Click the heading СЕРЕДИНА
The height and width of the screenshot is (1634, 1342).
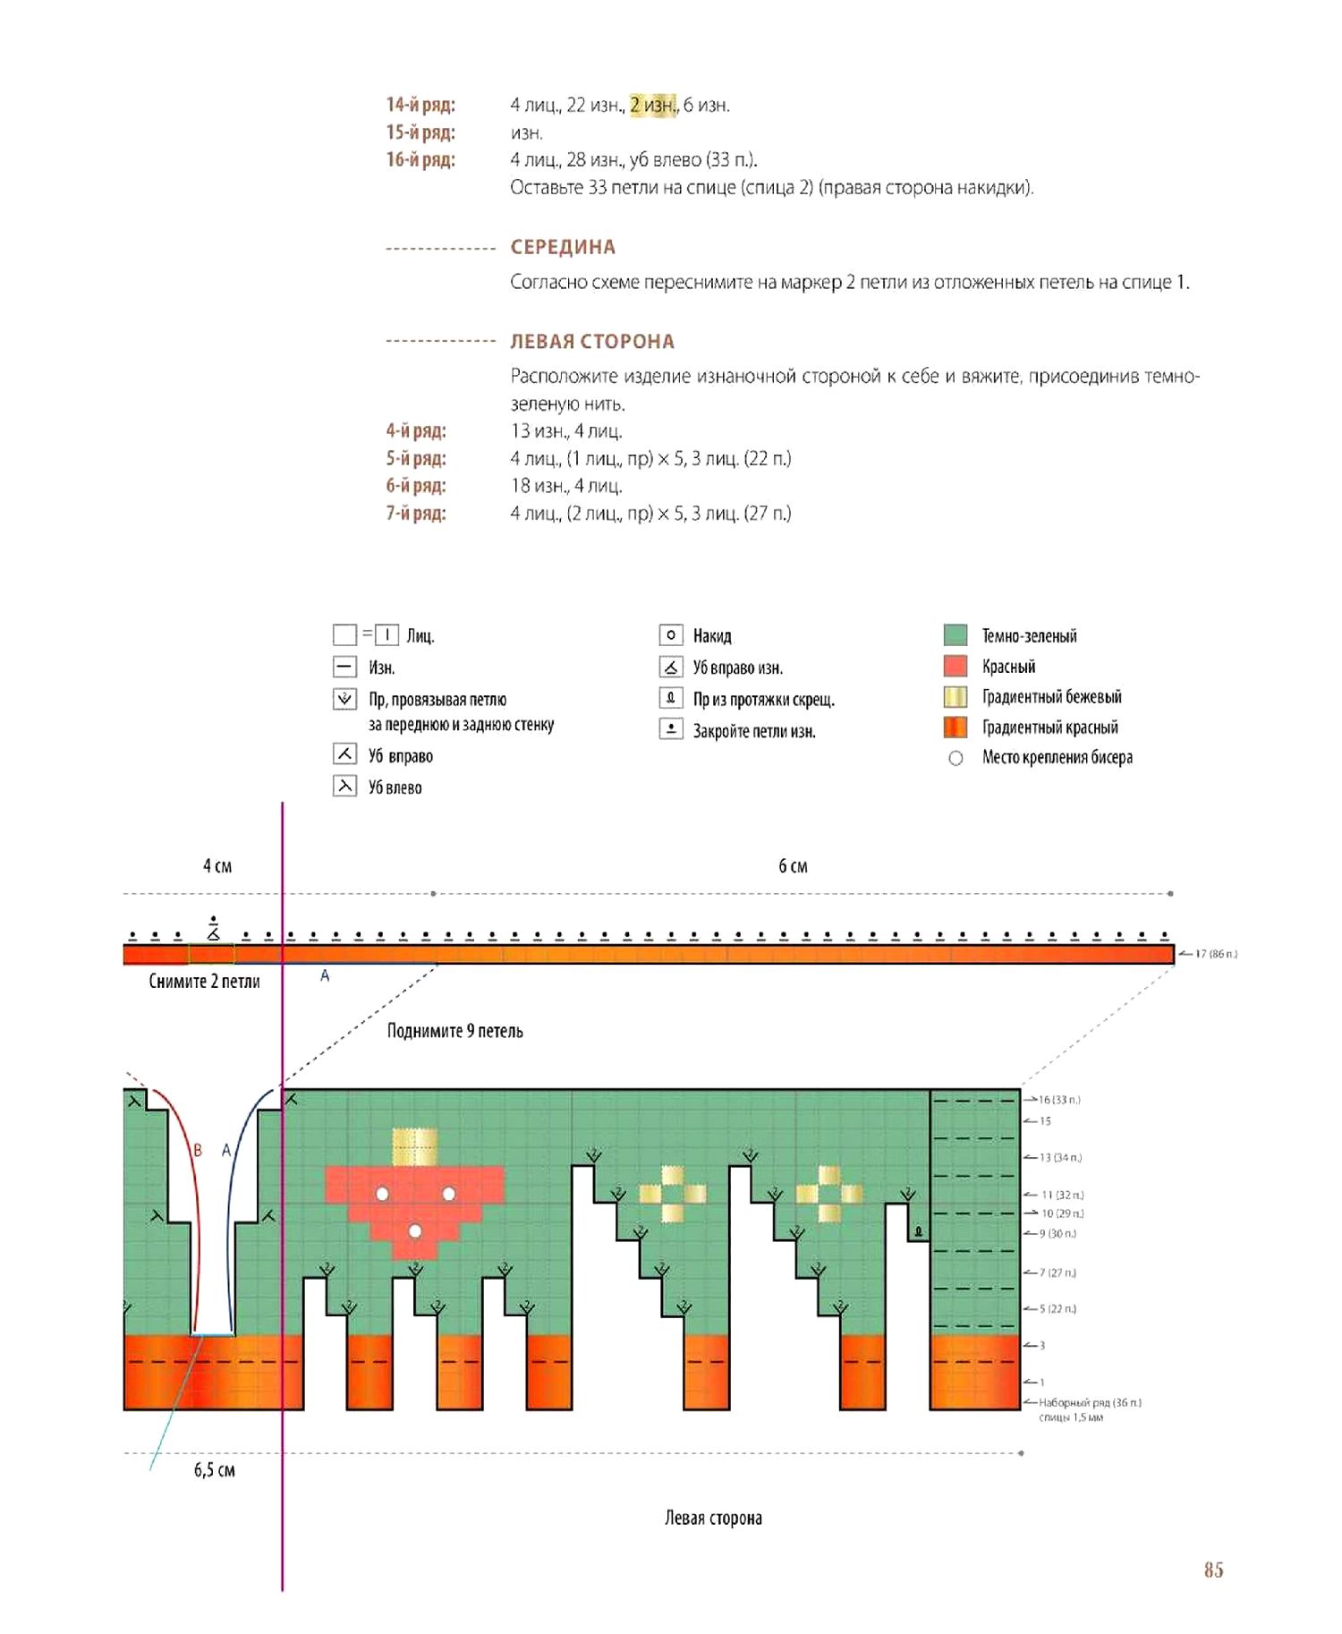[x=563, y=247]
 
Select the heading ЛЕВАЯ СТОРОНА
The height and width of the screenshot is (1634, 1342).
[x=592, y=341]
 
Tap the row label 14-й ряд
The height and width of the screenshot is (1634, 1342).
[x=420, y=105]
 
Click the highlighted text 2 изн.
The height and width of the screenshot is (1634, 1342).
[x=653, y=105]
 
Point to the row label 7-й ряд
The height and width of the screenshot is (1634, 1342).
[x=416, y=513]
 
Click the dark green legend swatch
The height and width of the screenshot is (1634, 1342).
[x=956, y=635]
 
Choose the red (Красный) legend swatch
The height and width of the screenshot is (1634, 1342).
[x=956, y=666]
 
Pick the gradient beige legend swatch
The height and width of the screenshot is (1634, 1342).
[x=956, y=697]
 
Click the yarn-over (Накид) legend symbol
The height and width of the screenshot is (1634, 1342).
[x=671, y=635]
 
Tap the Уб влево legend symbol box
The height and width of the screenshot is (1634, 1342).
[x=344, y=786]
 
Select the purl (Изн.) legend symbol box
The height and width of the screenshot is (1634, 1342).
[x=344, y=667]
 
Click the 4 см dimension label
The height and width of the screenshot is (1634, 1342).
[x=217, y=865]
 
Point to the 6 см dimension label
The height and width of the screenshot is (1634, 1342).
[x=793, y=865]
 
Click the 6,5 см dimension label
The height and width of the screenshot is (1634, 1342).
[x=215, y=1469]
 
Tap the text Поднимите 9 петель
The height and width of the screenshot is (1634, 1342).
[x=454, y=1031]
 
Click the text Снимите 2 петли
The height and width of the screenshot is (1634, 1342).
[x=204, y=981]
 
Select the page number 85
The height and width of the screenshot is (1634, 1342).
[x=1213, y=1570]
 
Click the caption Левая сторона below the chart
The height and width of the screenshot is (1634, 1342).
[x=713, y=1518]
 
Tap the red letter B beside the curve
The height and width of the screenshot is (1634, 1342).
[x=198, y=1150]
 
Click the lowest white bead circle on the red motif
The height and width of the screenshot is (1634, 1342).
[x=415, y=1231]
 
